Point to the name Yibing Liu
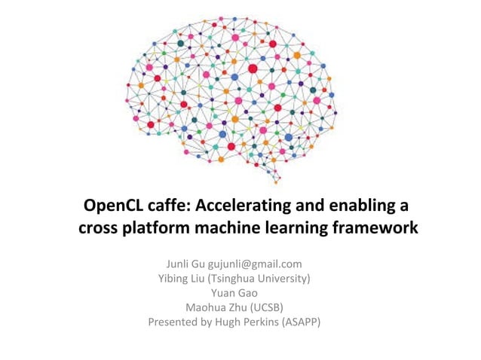tap(179, 279)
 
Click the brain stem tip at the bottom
tap(276, 182)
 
